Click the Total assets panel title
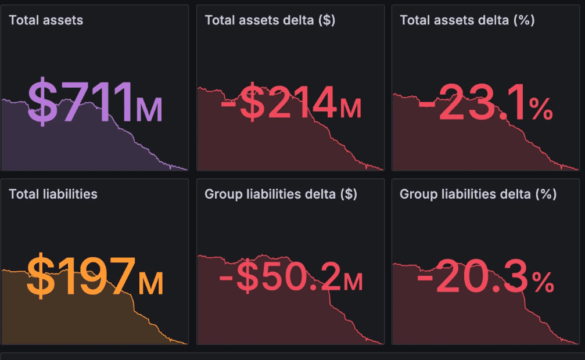(46, 20)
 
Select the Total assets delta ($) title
(270, 20)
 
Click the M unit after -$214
(350, 109)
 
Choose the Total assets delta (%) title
(467, 20)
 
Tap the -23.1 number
(473, 103)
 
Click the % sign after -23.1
(541, 109)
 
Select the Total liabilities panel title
(53, 194)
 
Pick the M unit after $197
(150, 283)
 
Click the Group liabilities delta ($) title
(281, 194)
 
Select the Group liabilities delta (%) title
(478, 194)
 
